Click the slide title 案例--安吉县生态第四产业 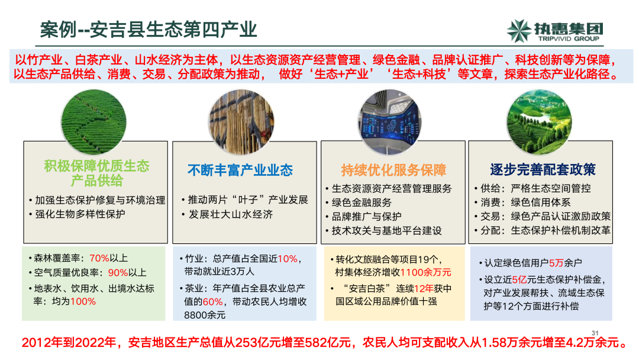pyautogui.click(x=149, y=29)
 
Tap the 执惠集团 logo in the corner pyautogui.click(x=554, y=30)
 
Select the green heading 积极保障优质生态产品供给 pyautogui.click(x=96, y=173)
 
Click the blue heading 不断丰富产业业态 pyautogui.click(x=240, y=171)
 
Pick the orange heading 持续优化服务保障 pyautogui.click(x=393, y=171)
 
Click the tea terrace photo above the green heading pyautogui.click(x=96, y=115)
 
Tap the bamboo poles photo pyautogui.click(x=244, y=115)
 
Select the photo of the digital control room pyautogui.click(x=393, y=115)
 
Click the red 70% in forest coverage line pyautogui.click(x=99, y=258)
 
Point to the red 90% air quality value pyautogui.click(x=118, y=273)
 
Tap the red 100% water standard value pyautogui.click(x=83, y=301)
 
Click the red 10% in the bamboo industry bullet pyautogui.click(x=286, y=259)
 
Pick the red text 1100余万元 pyautogui.click(x=425, y=272)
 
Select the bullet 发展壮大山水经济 pyautogui.click(x=231, y=214)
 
